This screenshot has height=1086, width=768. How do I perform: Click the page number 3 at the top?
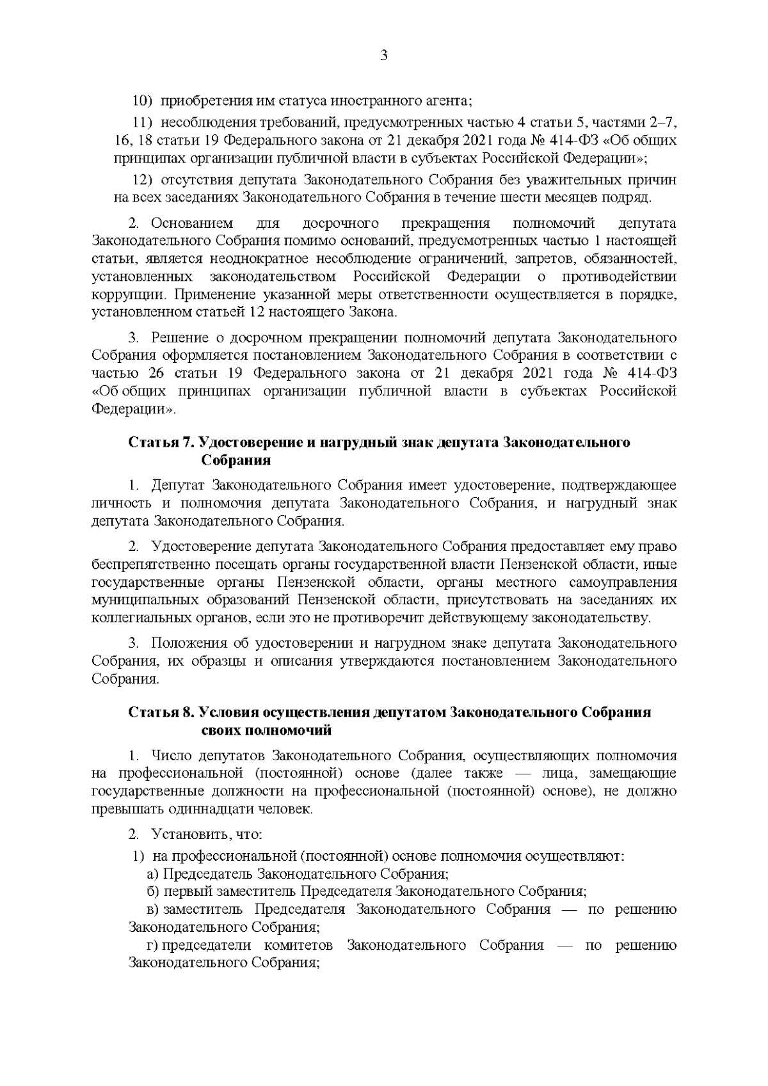(384, 56)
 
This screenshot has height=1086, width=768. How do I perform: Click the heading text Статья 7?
(162, 443)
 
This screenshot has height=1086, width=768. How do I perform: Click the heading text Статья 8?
(162, 712)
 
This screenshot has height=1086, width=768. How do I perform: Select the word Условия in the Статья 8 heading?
(227, 712)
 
